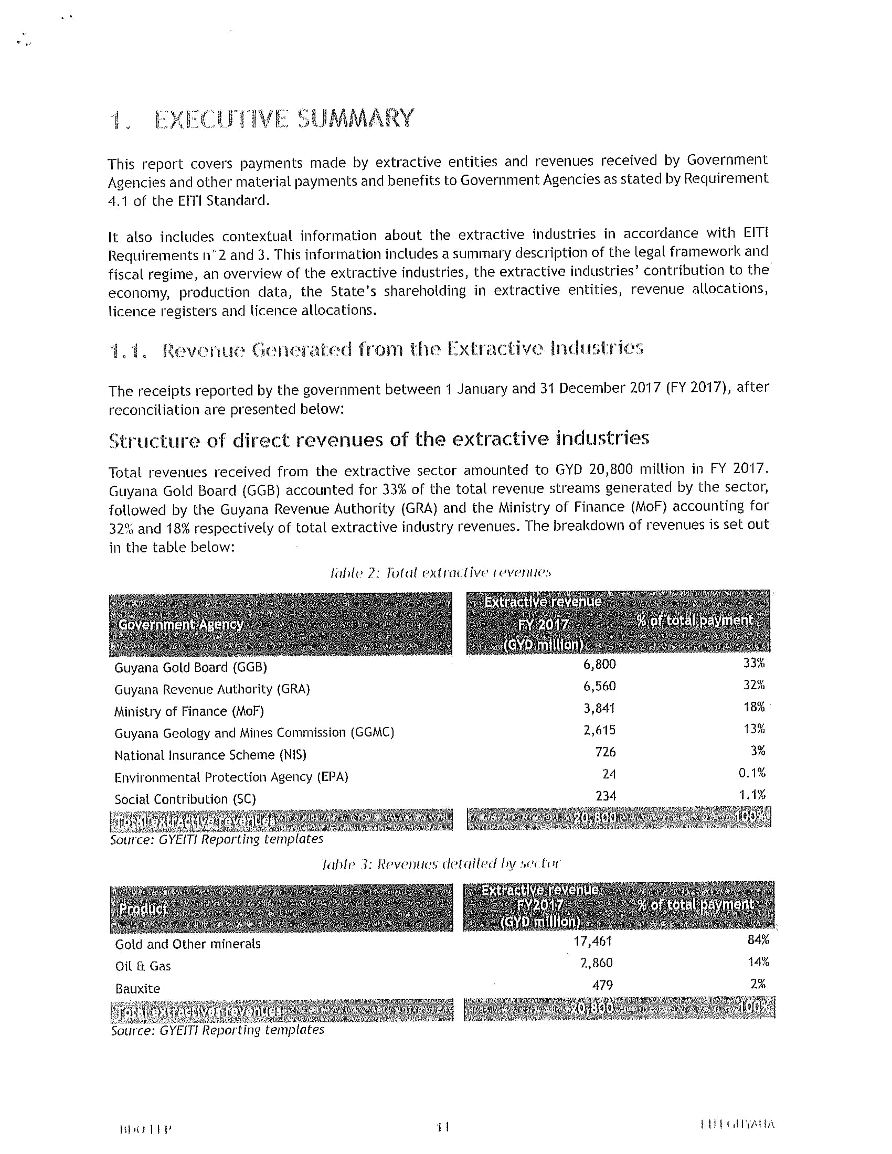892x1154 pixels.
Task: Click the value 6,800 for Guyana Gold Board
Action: pos(599,664)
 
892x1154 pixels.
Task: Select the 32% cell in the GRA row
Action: pos(753,686)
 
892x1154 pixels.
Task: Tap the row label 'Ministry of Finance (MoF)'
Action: pos(189,711)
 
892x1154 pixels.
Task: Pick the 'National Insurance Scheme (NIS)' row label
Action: pos(210,755)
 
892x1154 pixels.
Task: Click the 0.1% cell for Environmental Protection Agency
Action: pos(751,773)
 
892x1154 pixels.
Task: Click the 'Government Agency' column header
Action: pos(180,625)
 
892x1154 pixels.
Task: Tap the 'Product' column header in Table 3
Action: pos(143,909)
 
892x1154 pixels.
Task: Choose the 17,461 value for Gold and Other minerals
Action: pos(592,941)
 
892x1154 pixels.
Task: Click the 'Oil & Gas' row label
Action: pos(143,966)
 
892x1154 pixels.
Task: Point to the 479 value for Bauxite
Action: pos(602,986)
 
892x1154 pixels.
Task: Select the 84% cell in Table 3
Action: pos(758,940)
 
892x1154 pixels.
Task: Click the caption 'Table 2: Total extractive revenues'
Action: pos(440,573)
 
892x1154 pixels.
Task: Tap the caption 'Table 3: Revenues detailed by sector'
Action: pos(440,864)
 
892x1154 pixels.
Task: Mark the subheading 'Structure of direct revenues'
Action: pos(378,439)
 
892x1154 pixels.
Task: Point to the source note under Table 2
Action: pos(216,839)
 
